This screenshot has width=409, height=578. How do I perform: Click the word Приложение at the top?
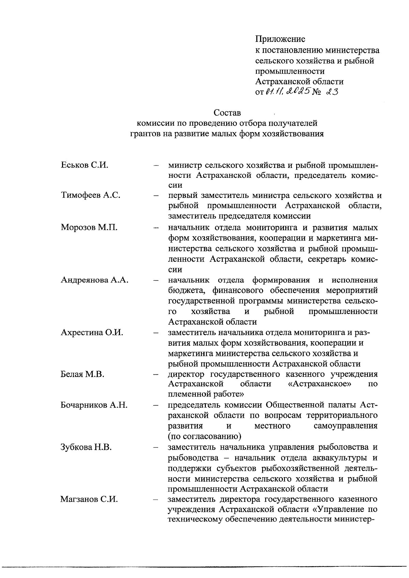tap(280, 40)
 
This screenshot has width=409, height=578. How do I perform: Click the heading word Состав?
tap(227, 112)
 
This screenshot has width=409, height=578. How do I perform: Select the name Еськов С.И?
tap(85, 165)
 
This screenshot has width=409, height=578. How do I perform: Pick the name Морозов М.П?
tap(89, 227)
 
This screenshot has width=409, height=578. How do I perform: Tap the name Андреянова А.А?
tap(94, 280)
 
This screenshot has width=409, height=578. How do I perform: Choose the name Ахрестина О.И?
tap(92, 332)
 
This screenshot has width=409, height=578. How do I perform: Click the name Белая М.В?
tap(82, 374)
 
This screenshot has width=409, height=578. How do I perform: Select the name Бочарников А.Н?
tap(94, 405)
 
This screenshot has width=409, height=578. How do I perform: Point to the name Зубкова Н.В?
tap(86, 447)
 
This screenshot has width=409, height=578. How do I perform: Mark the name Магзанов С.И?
tap(89, 499)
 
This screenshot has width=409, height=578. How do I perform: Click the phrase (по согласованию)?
tap(201, 436)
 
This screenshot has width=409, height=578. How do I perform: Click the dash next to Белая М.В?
tap(156, 375)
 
